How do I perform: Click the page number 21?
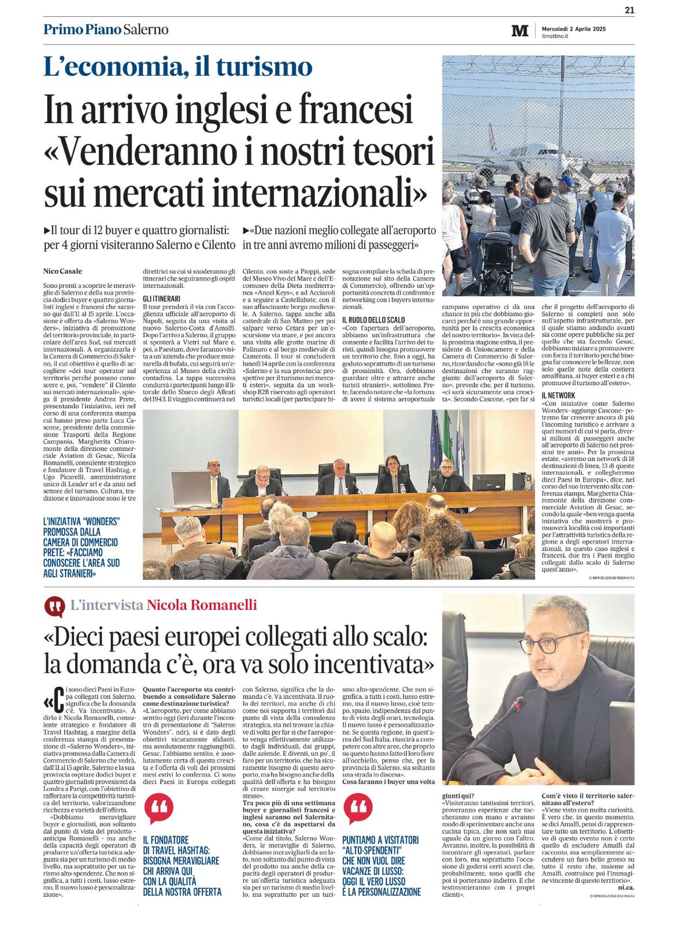629,8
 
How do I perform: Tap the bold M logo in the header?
520,31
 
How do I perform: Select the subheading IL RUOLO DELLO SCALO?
373,320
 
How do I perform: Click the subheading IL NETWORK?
558,395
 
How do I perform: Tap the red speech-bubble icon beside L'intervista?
54,606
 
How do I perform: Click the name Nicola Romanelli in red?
202,605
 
